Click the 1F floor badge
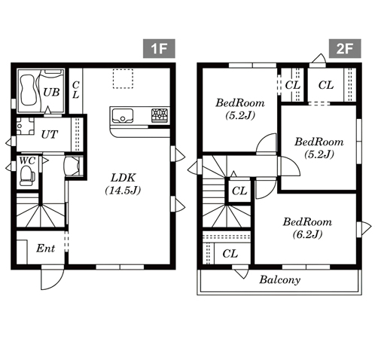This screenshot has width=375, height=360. coord(159,48)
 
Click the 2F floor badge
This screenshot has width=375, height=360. coord(345,48)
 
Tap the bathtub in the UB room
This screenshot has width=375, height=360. coord(27,90)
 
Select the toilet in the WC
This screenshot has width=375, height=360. coord(27,176)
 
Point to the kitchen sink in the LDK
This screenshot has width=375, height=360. coord(122,116)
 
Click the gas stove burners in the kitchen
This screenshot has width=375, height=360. coord(160,115)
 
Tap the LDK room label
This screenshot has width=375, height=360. coord(123,178)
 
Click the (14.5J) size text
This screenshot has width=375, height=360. coord(123,191)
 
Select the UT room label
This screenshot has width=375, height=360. coord(50,135)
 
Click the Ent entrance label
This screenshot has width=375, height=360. coord(45,249)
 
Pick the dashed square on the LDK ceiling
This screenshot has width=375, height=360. coord(123,78)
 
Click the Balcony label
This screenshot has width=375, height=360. coord(280,279)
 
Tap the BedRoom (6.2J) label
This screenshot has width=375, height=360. coord(307,228)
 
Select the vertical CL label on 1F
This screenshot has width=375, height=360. coord(75,90)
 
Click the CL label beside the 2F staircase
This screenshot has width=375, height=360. coord(239,191)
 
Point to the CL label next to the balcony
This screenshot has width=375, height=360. coord(230,254)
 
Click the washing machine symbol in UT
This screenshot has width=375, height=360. coord(25,127)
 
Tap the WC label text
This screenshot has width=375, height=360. coord(27,160)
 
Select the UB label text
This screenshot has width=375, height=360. coord(51,92)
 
